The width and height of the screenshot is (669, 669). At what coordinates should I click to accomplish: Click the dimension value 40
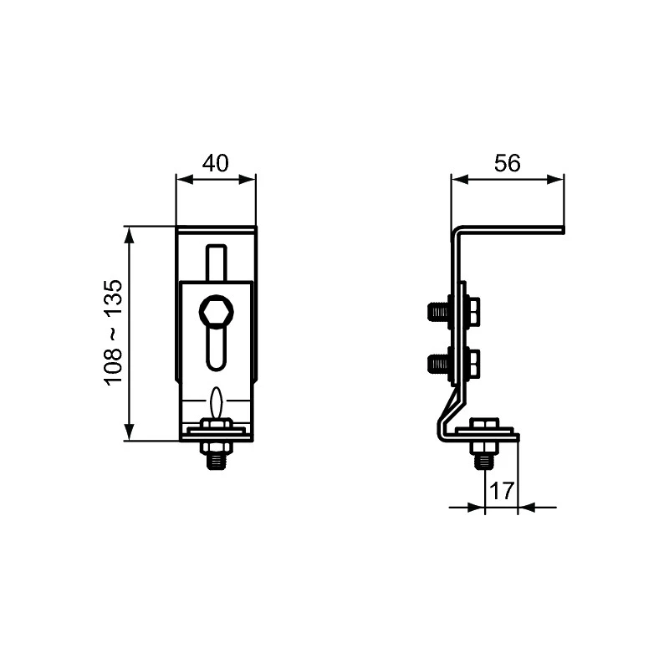[216, 163]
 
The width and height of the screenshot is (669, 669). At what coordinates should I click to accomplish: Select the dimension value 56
[507, 163]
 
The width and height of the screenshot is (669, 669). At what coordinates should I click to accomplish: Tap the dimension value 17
[501, 491]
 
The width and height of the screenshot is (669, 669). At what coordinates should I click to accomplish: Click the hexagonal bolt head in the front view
[216, 313]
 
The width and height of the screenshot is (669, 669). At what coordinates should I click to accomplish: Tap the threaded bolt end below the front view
[217, 457]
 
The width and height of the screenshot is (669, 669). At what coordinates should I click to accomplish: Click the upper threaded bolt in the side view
[438, 312]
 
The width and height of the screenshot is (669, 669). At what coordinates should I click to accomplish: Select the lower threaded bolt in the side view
[438, 363]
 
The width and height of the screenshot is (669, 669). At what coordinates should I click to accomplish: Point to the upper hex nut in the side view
[472, 312]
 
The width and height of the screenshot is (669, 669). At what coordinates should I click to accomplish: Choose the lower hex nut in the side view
[472, 363]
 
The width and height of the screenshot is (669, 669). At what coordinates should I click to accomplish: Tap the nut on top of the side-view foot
[484, 426]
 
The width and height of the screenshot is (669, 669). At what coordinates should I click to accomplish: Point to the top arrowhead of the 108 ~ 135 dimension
[129, 232]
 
